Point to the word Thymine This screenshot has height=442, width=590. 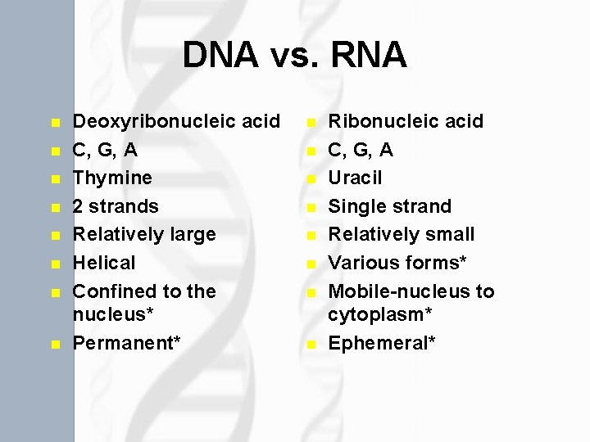click(x=112, y=178)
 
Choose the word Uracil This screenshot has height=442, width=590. click(x=355, y=178)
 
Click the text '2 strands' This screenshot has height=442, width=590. click(x=116, y=206)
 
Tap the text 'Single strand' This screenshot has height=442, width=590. click(x=389, y=206)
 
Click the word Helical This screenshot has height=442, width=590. click(x=104, y=263)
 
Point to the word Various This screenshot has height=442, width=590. click(x=364, y=263)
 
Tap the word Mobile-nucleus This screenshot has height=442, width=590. click(x=399, y=291)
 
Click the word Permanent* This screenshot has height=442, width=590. click(x=127, y=343)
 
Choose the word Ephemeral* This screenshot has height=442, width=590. click(x=382, y=343)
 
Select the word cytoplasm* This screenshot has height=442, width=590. click(x=380, y=315)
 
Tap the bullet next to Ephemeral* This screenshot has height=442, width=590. click(x=311, y=345)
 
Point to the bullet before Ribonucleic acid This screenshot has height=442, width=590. click(x=311, y=123)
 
